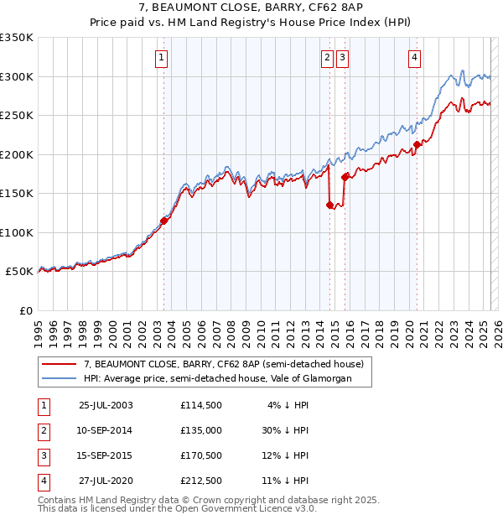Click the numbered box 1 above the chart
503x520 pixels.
point(160,58)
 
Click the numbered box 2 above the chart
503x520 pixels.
point(326,58)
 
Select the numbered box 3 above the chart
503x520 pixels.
point(343,58)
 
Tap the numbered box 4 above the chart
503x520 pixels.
point(414,58)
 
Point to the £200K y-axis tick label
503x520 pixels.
point(17,154)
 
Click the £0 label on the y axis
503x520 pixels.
point(27,310)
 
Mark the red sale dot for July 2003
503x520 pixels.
point(164,221)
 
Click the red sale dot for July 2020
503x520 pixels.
point(417,144)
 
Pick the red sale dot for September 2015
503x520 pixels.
point(345,177)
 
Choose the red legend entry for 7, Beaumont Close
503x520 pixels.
point(223,365)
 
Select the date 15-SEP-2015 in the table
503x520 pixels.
point(105,455)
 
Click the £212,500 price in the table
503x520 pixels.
point(200,481)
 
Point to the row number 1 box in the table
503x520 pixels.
point(44,405)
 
